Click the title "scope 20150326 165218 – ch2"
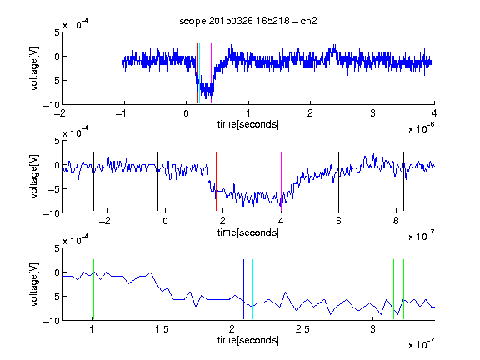pos(248,21)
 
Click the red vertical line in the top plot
pos(197,73)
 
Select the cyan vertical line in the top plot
pos(199,73)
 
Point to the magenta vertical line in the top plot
pos(211,73)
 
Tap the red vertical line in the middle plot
pos(216,181)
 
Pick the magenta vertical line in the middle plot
pos(281,181)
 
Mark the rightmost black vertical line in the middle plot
pos(403,181)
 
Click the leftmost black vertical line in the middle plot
pos(93,181)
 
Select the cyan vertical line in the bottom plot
pos(252,289)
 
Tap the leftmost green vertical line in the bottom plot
pos(93,289)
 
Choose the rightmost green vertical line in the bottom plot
pos(403,289)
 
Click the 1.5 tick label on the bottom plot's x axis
pos(162,329)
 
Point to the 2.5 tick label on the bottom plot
pos(302,329)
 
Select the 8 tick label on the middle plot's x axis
pos(396,221)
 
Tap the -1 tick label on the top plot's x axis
pos(122,113)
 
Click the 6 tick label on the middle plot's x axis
pos(338,221)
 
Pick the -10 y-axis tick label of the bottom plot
pos(52,321)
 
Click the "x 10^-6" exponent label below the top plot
pos(421,127)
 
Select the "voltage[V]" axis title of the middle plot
pos(34,177)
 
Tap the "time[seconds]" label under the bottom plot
pos(248,340)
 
